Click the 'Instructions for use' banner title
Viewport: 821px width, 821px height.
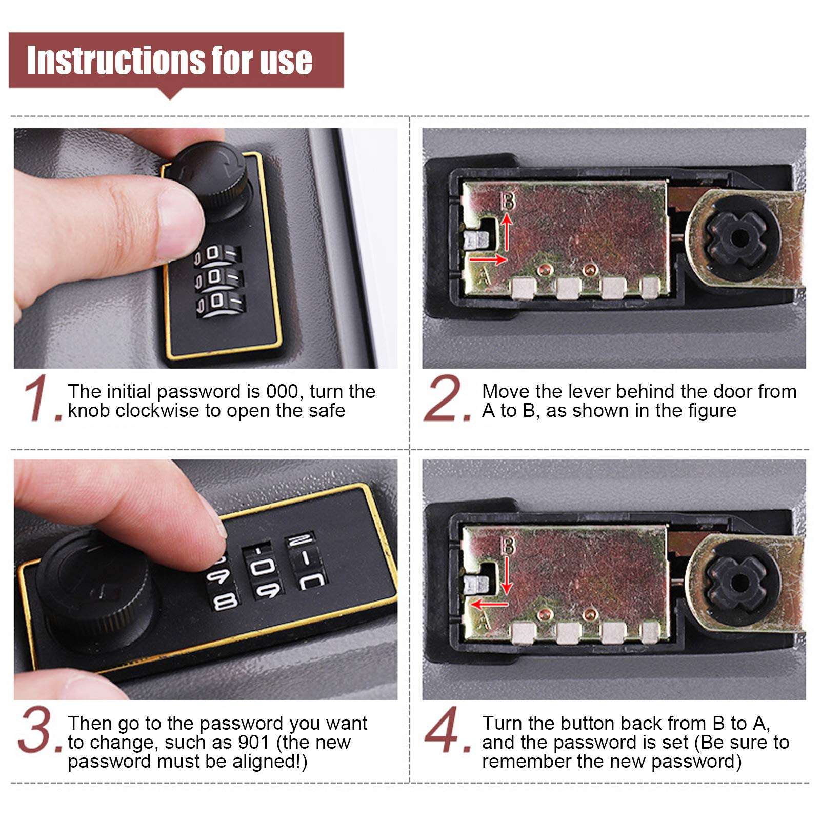(170, 61)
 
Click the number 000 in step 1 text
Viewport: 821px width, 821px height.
(282, 392)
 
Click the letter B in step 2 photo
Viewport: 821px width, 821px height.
(508, 201)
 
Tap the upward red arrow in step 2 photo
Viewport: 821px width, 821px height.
(507, 232)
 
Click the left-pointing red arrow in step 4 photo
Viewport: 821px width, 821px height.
(489, 604)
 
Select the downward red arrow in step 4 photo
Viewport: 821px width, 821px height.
(507, 575)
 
